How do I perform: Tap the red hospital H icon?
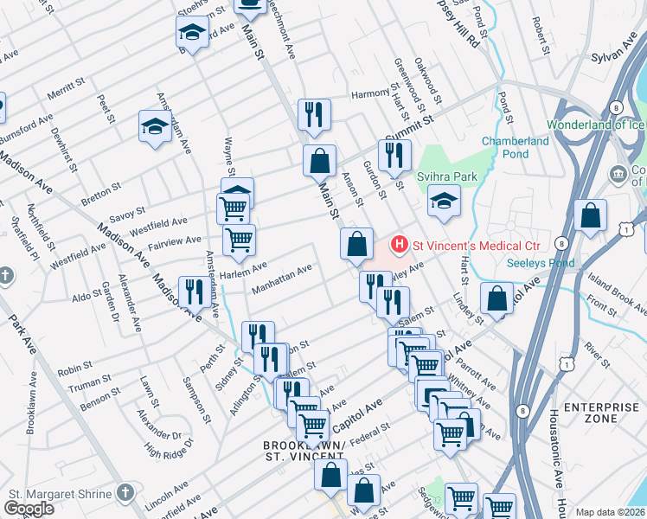pos(399,245)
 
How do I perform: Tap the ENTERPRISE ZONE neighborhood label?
pos(600,413)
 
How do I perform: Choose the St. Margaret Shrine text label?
pos(60,494)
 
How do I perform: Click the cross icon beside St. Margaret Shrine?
pos(125,493)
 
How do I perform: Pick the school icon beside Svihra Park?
pos(444,202)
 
